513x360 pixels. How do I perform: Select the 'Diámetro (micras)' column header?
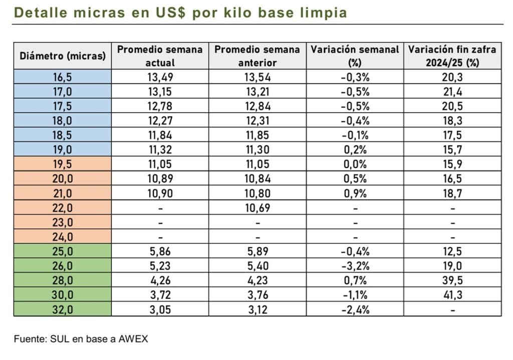63,56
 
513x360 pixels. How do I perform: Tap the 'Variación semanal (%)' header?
355,56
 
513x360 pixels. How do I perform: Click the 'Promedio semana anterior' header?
258,56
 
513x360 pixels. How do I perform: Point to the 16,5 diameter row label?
63,77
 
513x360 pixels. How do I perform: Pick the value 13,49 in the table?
160,77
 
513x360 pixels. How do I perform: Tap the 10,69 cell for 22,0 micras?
258,208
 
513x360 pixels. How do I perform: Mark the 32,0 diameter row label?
63,309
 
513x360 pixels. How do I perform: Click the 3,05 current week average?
160,309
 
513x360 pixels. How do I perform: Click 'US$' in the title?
170,12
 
